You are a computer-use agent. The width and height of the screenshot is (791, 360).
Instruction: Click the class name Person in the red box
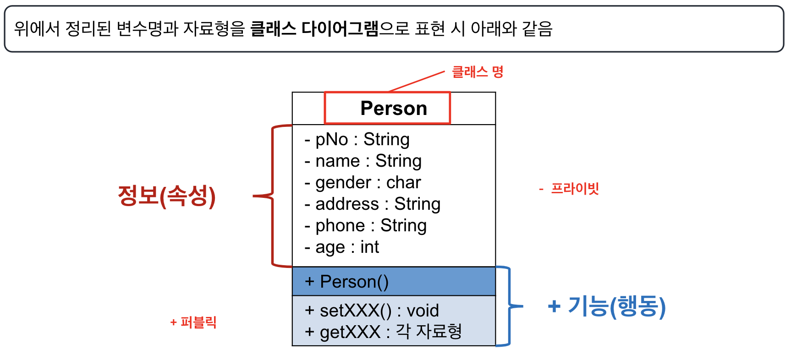tap(394, 109)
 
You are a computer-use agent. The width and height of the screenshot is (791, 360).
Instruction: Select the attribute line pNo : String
tap(357, 139)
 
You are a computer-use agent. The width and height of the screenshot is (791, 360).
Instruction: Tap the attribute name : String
tap(363, 161)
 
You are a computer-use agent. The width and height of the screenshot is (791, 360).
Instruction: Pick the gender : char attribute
tap(363, 182)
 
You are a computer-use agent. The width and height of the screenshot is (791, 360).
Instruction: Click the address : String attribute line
tap(372, 204)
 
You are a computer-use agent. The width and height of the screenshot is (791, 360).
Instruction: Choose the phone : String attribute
tap(365, 225)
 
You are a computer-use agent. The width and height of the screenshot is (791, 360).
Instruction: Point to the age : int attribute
tap(342, 247)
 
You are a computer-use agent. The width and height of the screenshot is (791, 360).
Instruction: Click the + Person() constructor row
tap(347, 281)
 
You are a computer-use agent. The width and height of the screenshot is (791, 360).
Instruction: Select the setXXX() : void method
tap(372, 311)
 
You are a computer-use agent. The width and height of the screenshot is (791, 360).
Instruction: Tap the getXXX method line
tap(383, 332)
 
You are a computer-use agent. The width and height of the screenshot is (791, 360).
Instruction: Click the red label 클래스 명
tap(478, 72)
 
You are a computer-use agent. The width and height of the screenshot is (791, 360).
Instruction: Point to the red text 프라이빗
tap(574, 188)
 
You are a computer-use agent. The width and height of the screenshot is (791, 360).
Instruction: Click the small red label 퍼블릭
tap(198, 322)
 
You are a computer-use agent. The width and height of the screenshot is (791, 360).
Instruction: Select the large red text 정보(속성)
tap(167, 196)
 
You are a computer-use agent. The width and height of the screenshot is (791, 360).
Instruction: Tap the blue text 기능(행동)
tap(616, 306)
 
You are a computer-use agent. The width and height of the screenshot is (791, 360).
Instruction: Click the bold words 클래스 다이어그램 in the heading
tap(314, 29)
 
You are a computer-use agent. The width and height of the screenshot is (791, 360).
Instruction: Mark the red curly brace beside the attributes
tap(273, 196)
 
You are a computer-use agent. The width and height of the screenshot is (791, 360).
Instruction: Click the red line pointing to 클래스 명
tap(417, 82)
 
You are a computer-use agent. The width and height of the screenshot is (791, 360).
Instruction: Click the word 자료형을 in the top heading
tap(214, 29)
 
